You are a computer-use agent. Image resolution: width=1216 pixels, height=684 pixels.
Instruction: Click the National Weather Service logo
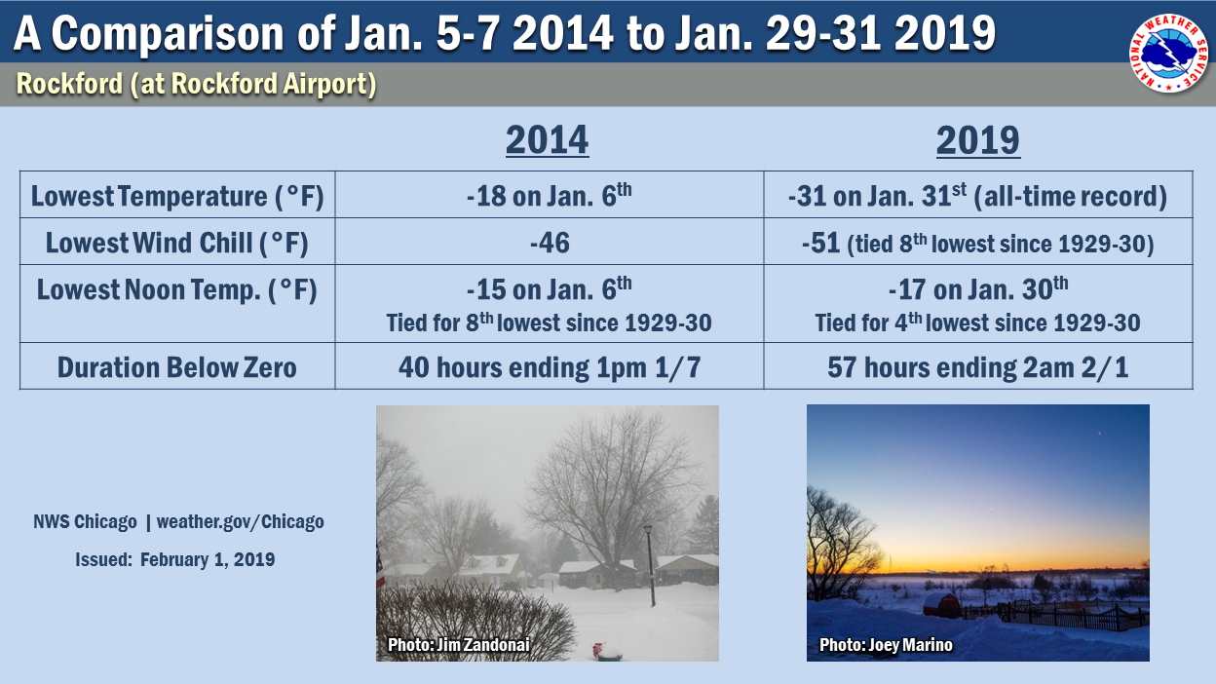1169,54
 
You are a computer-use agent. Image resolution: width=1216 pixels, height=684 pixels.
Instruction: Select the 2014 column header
548,140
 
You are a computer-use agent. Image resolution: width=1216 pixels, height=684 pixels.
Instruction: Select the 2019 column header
977,140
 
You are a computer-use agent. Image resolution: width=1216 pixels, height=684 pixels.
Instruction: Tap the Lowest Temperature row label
177,196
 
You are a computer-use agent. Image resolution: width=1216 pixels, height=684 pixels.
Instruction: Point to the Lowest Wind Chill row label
177,243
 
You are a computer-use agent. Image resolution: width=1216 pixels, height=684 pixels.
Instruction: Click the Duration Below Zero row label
177,367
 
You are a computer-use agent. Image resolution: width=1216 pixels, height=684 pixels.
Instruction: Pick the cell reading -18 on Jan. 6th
549,195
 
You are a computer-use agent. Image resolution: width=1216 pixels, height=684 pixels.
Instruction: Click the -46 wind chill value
550,243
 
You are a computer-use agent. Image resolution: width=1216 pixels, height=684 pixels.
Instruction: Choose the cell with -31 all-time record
977,196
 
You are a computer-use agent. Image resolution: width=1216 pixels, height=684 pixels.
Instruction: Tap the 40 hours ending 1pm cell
550,367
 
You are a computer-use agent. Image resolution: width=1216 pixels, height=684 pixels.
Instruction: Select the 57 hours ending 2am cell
977,367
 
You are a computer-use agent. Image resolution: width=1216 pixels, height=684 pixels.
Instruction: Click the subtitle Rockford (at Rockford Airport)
196,84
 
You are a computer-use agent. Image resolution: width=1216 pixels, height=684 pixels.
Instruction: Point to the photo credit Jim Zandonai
459,644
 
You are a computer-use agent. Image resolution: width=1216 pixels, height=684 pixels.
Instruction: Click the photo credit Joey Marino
886,644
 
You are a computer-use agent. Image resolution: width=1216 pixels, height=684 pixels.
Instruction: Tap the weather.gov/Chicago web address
240,521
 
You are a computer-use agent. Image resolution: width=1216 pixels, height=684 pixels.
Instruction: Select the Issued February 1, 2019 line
174,559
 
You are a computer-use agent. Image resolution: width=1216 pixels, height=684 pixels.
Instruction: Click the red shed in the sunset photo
941,604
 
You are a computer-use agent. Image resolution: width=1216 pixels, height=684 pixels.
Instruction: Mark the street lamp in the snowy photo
650,565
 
